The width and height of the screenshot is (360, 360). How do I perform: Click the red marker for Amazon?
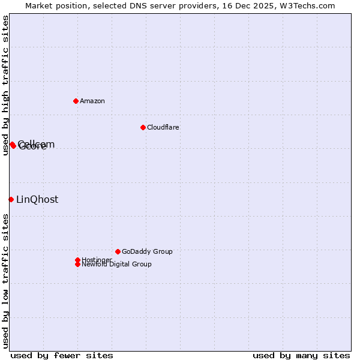point(76,101)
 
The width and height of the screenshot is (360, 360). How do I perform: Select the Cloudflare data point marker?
point(143,127)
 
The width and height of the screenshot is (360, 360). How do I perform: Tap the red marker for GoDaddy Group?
point(118,251)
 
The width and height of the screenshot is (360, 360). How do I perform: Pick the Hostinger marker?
point(77,260)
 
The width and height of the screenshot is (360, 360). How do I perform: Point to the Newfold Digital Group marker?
point(77,264)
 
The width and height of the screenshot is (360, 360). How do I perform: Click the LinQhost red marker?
point(11,199)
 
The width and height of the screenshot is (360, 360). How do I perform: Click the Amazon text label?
point(92,101)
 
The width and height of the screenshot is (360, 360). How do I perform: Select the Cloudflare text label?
point(163,127)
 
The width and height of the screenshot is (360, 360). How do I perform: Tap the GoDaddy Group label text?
point(147,251)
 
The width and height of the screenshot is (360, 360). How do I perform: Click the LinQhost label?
point(37,200)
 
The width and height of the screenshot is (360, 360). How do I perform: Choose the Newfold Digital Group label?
point(116,264)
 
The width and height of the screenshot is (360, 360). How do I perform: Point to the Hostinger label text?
point(97,260)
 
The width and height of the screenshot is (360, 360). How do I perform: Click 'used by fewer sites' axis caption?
point(62,355)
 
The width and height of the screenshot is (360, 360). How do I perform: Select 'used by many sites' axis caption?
point(301,355)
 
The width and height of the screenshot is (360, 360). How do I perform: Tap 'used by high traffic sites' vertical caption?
point(5,85)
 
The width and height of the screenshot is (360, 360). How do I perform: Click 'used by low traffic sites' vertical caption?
point(5,281)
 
